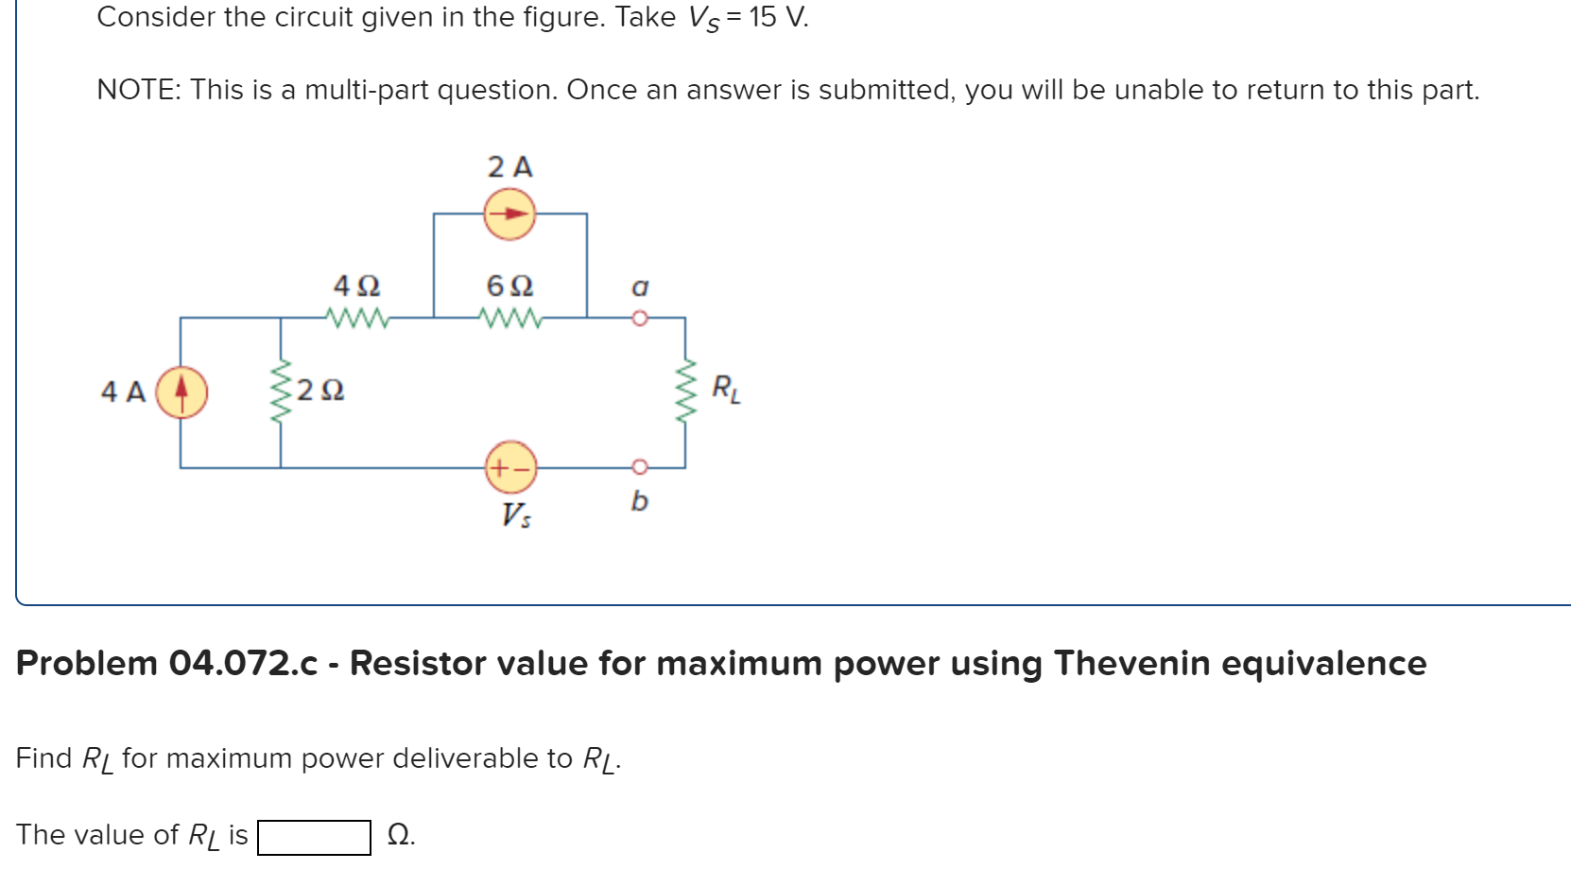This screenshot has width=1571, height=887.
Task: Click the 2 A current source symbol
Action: pyautogui.click(x=510, y=215)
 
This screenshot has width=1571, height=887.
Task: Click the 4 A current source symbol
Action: pyautogui.click(x=181, y=391)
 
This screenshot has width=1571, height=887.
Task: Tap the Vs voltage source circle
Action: pyautogui.click(x=510, y=467)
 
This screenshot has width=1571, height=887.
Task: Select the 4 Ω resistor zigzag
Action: pyautogui.click(x=357, y=318)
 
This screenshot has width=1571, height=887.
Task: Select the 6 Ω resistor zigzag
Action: pyautogui.click(x=510, y=318)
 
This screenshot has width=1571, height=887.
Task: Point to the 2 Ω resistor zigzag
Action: pyautogui.click(x=281, y=391)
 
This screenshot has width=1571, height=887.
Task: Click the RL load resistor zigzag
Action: pyautogui.click(x=685, y=391)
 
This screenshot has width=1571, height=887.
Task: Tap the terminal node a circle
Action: pyautogui.click(x=640, y=318)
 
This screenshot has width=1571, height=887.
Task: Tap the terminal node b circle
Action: pyautogui.click(x=640, y=467)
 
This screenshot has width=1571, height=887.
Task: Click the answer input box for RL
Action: pyautogui.click(x=314, y=837)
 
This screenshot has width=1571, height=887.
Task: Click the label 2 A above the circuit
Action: pyautogui.click(x=510, y=167)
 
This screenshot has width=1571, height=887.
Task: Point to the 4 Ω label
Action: pyautogui.click(x=357, y=286)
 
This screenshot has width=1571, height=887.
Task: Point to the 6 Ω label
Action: pyautogui.click(x=510, y=286)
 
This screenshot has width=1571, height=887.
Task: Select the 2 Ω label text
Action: pyautogui.click(x=320, y=391)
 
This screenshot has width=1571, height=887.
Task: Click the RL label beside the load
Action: pyautogui.click(x=726, y=389)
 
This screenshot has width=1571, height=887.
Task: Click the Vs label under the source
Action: pyautogui.click(x=516, y=515)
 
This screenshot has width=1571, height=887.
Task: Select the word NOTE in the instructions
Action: pyautogui.click(x=139, y=90)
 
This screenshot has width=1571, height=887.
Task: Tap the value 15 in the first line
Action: pyautogui.click(x=763, y=17)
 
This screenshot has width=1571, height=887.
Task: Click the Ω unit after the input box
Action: pyautogui.click(x=401, y=836)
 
